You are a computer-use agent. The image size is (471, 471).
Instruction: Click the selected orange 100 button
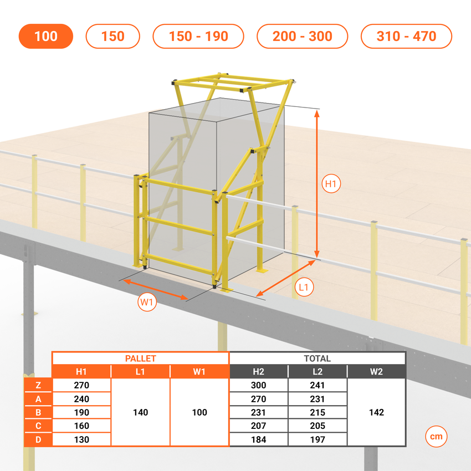45,36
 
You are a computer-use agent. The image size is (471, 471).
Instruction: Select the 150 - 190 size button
198,36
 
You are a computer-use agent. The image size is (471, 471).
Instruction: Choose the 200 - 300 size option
302,36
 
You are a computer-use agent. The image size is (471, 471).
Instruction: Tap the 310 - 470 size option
406,36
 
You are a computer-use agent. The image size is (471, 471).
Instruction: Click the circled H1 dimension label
331,183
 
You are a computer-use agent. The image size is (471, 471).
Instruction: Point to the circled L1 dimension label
304,288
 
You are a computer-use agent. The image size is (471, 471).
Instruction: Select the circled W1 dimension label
147,302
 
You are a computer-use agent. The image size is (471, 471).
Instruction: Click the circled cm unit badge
436,436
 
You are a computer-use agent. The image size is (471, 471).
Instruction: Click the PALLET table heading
141,359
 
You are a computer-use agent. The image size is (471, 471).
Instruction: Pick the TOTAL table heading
317,359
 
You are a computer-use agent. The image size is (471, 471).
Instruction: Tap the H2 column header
258,372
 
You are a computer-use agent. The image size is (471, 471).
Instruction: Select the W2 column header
376,372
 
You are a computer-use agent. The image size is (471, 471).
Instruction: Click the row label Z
38,385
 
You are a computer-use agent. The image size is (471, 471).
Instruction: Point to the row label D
38,439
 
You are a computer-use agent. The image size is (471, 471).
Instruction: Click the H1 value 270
81,385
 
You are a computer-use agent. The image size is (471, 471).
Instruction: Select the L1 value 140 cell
141,412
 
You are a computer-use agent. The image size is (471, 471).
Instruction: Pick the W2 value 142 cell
376,412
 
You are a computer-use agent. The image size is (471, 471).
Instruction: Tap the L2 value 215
318,412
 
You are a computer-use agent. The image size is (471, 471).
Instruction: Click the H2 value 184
258,439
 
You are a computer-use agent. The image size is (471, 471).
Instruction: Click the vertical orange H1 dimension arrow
316,184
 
